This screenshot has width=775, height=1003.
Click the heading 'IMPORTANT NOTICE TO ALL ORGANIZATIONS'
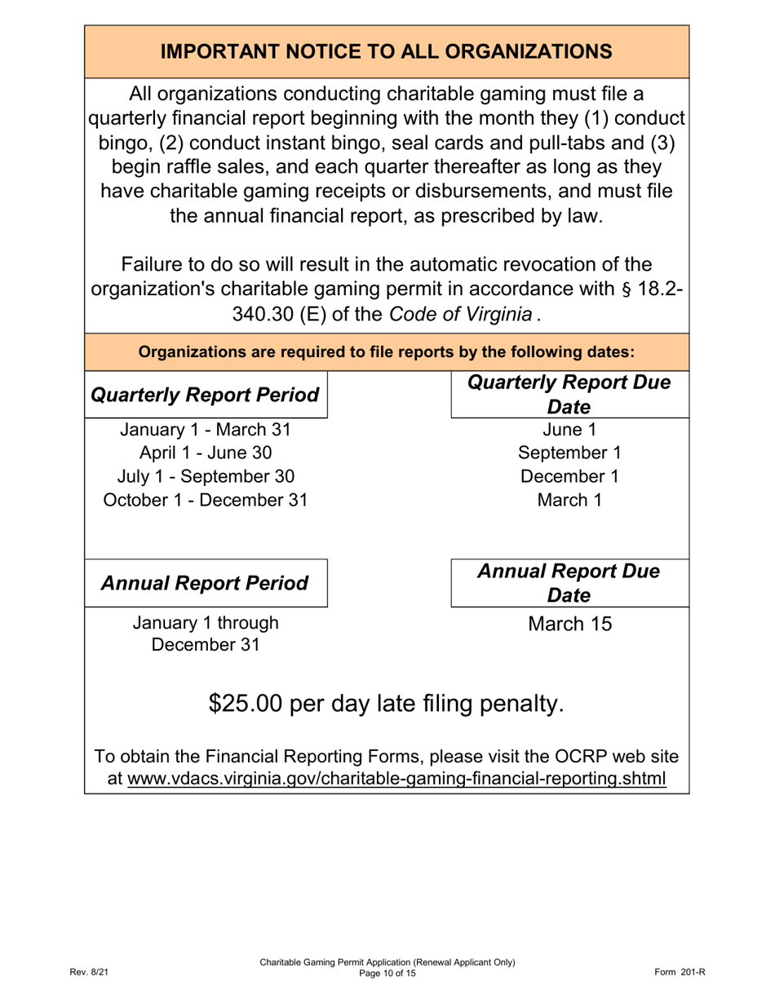point(387,51)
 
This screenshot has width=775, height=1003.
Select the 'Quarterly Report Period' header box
point(206,395)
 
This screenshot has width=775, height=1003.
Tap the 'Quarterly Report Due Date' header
point(569,395)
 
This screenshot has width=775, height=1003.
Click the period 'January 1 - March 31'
point(206,430)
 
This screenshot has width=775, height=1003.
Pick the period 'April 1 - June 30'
point(206,453)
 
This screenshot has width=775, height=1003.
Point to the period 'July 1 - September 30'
point(206,476)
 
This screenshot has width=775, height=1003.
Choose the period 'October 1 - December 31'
point(206,500)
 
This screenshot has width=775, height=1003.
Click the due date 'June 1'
point(569,430)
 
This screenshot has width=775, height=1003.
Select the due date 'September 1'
point(569,453)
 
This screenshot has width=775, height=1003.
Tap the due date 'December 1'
point(569,476)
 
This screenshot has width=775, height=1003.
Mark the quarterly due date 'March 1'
point(569,500)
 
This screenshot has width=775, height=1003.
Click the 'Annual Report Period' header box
point(206,583)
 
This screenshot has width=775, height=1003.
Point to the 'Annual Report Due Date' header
point(569,583)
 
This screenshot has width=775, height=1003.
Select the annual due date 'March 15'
point(569,625)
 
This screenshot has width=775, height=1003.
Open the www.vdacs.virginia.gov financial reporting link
point(396,779)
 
